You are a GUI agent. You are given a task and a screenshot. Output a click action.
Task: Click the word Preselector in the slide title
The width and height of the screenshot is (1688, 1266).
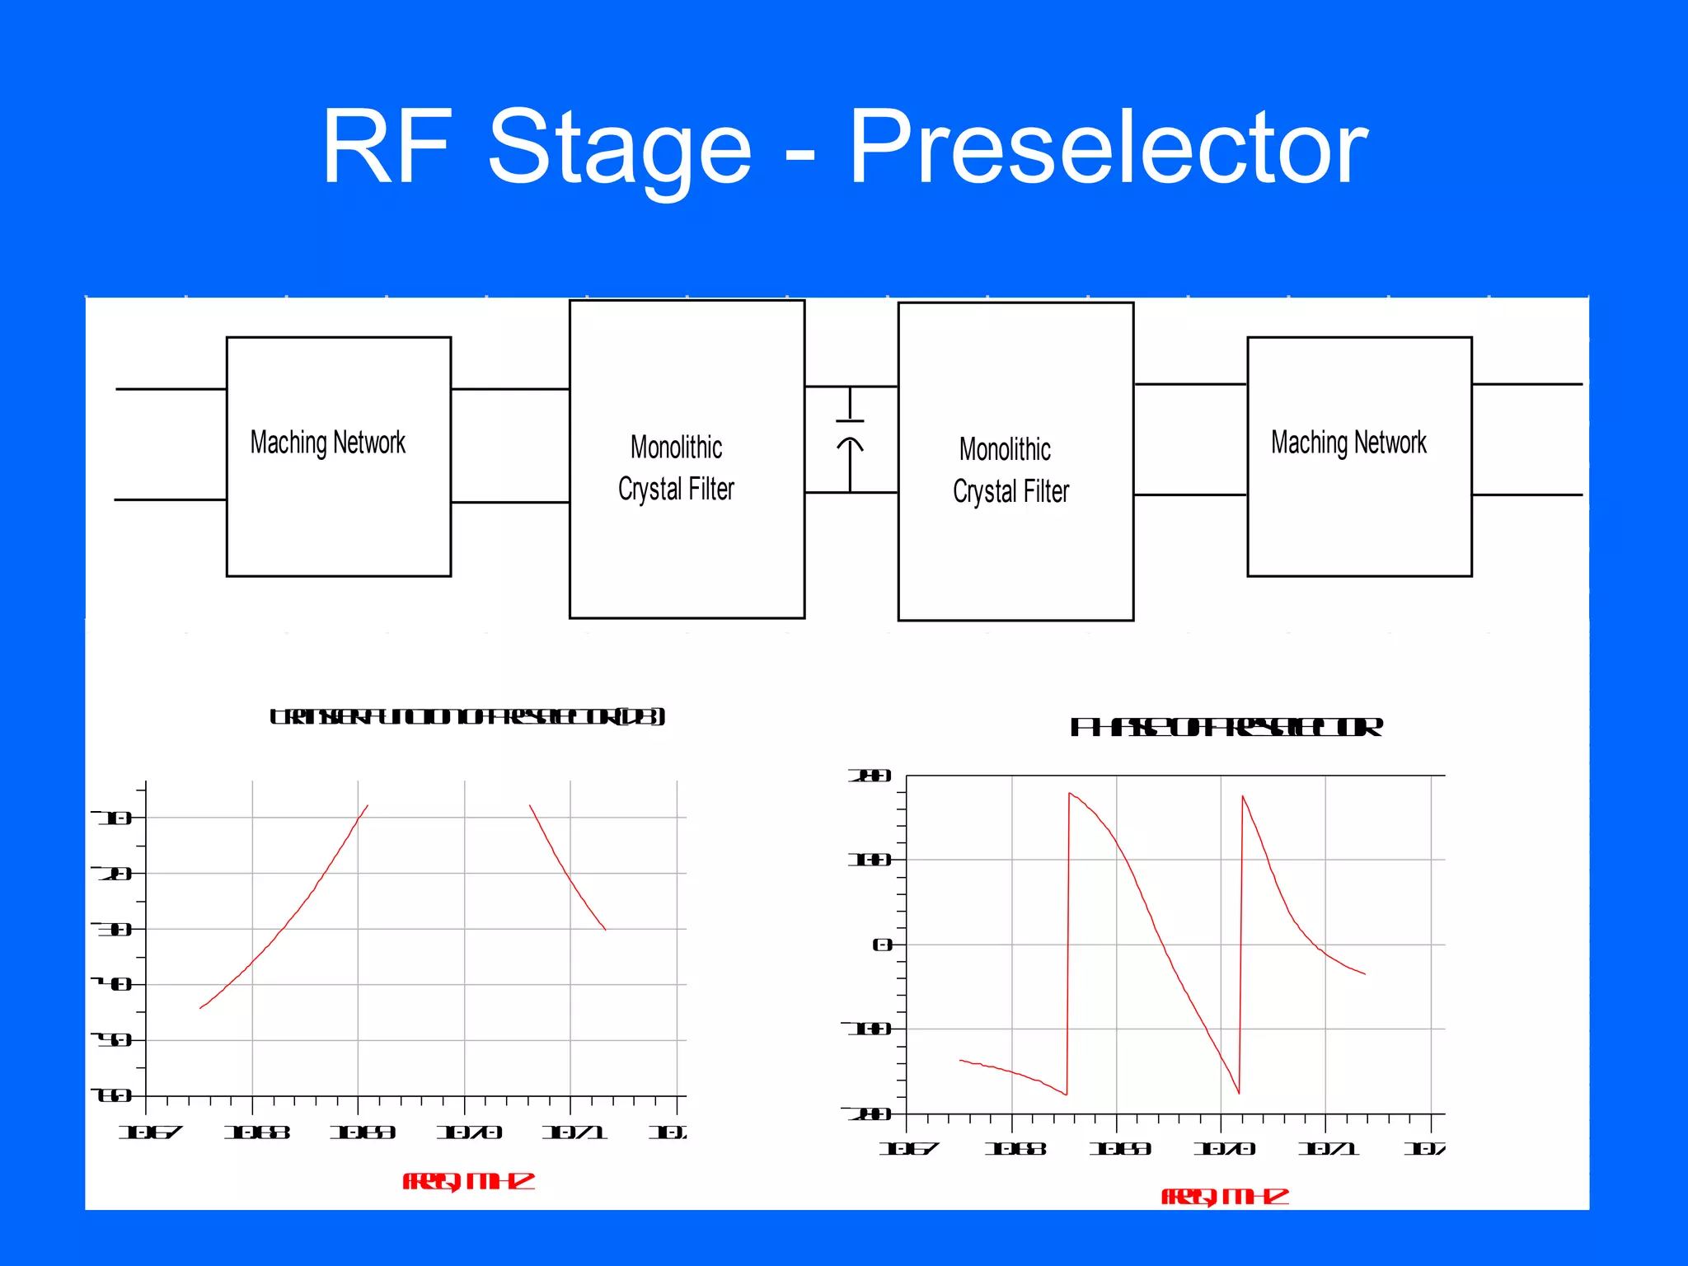click(1108, 148)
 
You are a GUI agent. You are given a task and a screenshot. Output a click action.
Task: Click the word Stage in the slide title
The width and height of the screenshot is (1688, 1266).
click(620, 148)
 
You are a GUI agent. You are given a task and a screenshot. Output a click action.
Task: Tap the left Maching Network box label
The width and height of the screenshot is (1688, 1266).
click(328, 443)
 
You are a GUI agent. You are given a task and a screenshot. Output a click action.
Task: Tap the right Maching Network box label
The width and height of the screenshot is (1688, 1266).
click(1348, 443)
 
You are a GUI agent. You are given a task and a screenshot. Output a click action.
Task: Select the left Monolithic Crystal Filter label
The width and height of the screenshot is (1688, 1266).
click(676, 467)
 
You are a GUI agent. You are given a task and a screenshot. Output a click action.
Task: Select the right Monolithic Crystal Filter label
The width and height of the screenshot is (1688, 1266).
click(1010, 470)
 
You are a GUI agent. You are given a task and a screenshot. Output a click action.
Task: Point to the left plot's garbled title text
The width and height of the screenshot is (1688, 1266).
click(467, 716)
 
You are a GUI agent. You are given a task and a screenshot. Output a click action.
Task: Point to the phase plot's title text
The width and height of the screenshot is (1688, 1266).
click(1226, 727)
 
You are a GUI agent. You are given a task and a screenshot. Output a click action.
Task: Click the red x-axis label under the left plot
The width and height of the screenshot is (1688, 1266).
click(468, 1181)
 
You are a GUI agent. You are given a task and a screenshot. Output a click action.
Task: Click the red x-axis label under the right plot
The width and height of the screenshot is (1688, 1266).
click(1225, 1196)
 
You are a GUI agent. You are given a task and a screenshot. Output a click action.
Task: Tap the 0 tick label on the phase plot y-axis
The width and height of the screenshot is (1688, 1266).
click(882, 945)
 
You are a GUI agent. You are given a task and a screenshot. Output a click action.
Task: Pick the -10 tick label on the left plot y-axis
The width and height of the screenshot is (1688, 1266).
click(112, 818)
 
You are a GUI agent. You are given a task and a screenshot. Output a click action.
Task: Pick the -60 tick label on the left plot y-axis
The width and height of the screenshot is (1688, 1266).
click(112, 1095)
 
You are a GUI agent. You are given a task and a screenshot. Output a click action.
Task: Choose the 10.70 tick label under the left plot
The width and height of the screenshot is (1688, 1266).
click(469, 1132)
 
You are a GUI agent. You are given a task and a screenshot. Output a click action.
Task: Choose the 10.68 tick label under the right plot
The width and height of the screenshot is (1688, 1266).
click(1015, 1148)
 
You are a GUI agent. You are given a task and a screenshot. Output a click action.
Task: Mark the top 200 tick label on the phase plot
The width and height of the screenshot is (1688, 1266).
click(870, 776)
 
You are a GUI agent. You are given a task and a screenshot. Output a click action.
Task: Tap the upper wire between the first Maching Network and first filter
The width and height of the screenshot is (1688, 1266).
click(509, 389)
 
